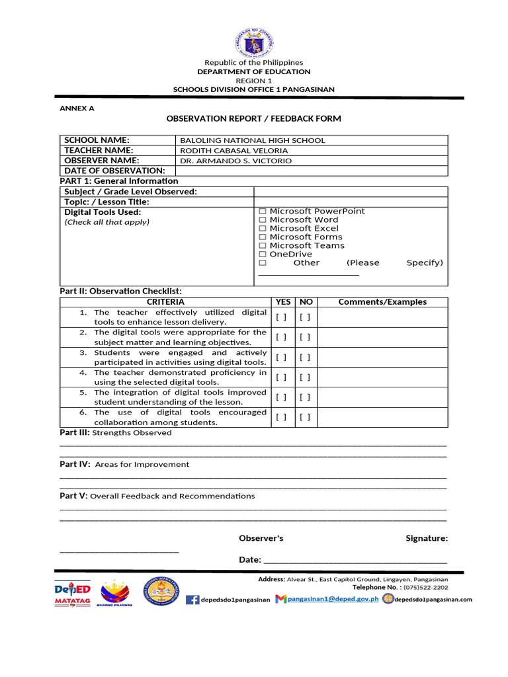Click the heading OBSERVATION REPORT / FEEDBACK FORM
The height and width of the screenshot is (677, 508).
click(253, 118)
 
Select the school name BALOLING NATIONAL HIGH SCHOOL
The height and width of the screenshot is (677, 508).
click(253, 140)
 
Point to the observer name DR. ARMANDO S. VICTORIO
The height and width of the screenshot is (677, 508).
click(235, 161)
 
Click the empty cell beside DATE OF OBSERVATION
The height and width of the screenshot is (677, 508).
click(312, 171)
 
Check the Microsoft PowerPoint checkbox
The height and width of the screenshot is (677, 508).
click(263, 212)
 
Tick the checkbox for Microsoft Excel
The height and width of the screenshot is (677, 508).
click(263, 229)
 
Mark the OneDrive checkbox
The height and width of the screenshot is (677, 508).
click(263, 255)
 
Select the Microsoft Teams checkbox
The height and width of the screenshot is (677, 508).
click(263, 246)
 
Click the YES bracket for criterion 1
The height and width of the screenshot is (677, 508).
click(281, 317)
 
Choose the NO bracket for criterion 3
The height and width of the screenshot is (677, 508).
click(304, 358)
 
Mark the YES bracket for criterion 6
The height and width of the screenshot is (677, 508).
click(281, 417)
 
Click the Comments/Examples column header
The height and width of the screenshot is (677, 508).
click(382, 302)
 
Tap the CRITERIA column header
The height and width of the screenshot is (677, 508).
click(165, 302)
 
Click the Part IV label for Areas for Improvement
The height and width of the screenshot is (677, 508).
click(75, 464)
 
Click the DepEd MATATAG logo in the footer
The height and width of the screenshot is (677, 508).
click(72, 592)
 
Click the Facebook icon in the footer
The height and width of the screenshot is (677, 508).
click(192, 600)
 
